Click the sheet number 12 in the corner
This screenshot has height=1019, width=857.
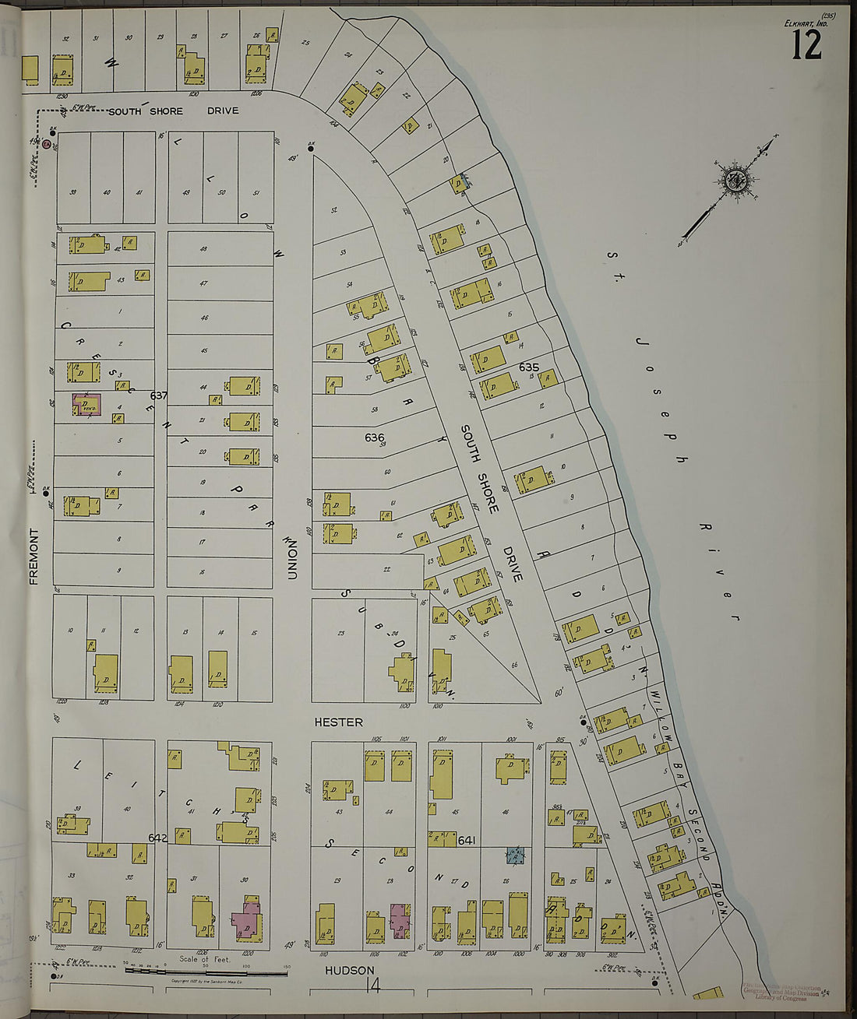[x=806, y=45]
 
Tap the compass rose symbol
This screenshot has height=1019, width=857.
[x=734, y=181]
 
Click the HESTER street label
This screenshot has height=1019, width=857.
[x=338, y=722]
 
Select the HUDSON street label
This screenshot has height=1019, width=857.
[x=345, y=971]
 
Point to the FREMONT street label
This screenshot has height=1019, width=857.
[x=34, y=556]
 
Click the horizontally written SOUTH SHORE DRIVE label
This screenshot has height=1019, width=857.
[x=173, y=111]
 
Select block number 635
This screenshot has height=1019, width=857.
[x=529, y=367]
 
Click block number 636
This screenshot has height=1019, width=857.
[x=375, y=437]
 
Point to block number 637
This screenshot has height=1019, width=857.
[x=159, y=395]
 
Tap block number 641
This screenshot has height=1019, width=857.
[x=467, y=840]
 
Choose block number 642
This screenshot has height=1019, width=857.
[x=157, y=838]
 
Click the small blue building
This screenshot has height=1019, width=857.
[x=515, y=855]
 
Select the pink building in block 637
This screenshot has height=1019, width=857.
[x=86, y=406]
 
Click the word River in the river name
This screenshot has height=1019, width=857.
[x=716, y=571]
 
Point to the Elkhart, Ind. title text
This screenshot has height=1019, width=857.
[x=806, y=23]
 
